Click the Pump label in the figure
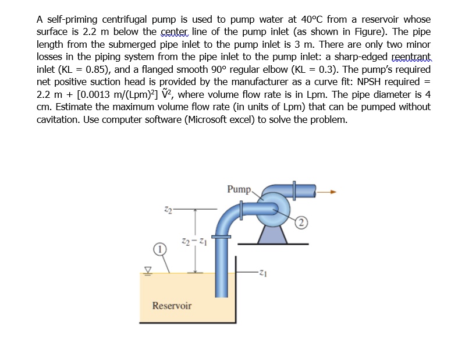pyautogui.click(x=239, y=189)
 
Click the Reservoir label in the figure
pyautogui.click(x=172, y=305)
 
